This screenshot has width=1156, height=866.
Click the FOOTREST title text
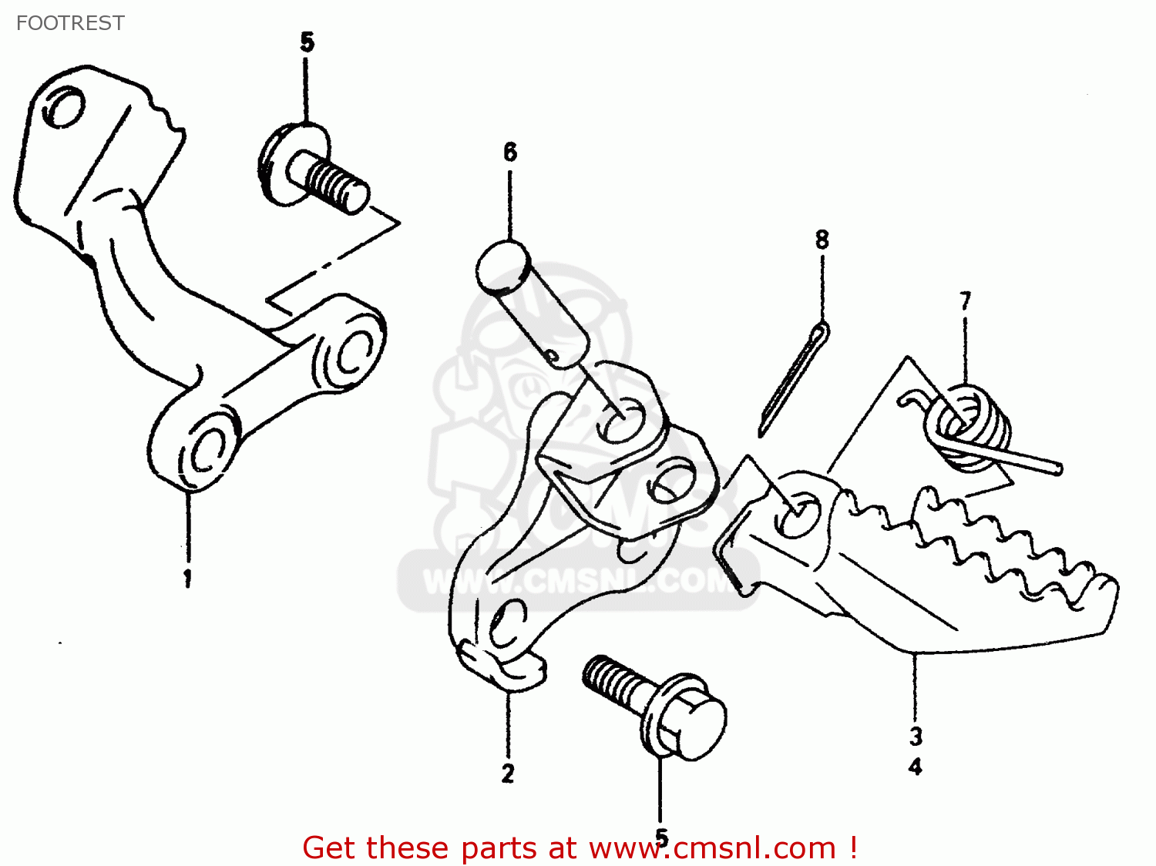tap(70, 23)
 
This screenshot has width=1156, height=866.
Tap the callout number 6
tap(510, 153)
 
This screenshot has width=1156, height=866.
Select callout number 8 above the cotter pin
tap(822, 240)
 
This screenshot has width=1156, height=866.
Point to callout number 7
tap(965, 300)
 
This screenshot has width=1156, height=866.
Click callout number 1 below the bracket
tap(187, 578)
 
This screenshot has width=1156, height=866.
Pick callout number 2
tap(507, 774)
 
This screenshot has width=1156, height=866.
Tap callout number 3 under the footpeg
tap(916, 736)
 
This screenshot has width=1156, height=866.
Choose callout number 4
tap(916, 767)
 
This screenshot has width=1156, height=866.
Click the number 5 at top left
tap(307, 42)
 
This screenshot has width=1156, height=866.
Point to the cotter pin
tap(794, 378)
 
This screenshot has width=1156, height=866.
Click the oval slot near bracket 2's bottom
tap(508, 623)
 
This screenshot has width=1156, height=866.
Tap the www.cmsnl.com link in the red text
tap(712, 848)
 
